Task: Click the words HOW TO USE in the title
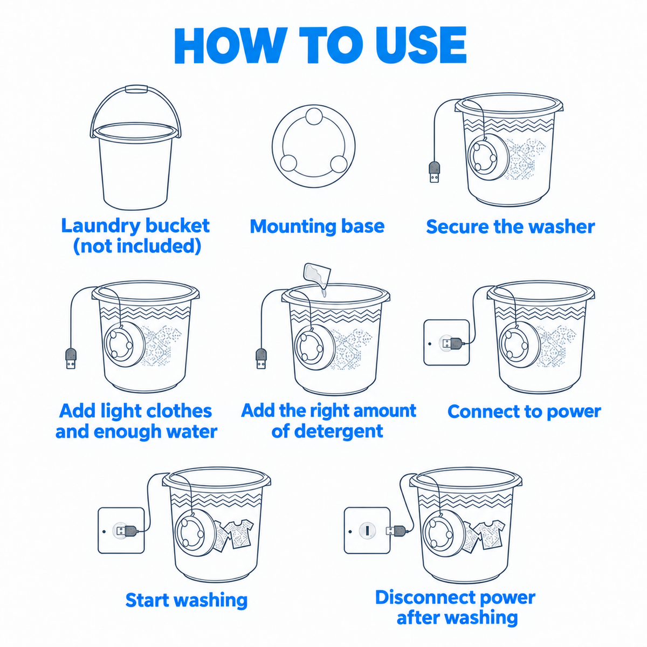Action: point(320,45)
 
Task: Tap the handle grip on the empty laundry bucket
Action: point(136,89)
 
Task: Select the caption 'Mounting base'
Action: point(317,226)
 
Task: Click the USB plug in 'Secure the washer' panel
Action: point(435,172)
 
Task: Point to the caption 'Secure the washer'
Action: point(511,226)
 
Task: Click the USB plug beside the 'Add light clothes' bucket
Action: point(71,358)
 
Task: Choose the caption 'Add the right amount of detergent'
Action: point(328,421)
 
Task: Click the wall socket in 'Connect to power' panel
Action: point(446,342)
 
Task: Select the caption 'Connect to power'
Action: point(524,411)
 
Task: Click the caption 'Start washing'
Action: point(187,600)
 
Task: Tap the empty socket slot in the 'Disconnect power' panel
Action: point(367,531)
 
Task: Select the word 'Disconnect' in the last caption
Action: point(418,597)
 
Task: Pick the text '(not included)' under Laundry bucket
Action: point(137,246)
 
